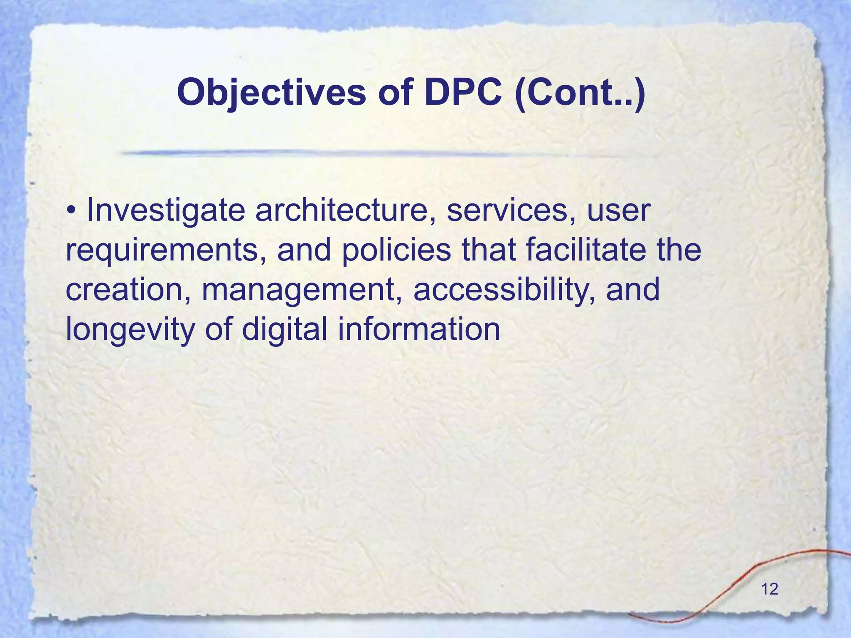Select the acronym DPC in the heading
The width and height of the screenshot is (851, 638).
(463, 92)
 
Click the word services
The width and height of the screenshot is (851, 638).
(507, 211)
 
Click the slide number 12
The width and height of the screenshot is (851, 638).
(770, 589)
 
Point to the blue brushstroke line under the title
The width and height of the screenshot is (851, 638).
(374, 153)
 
